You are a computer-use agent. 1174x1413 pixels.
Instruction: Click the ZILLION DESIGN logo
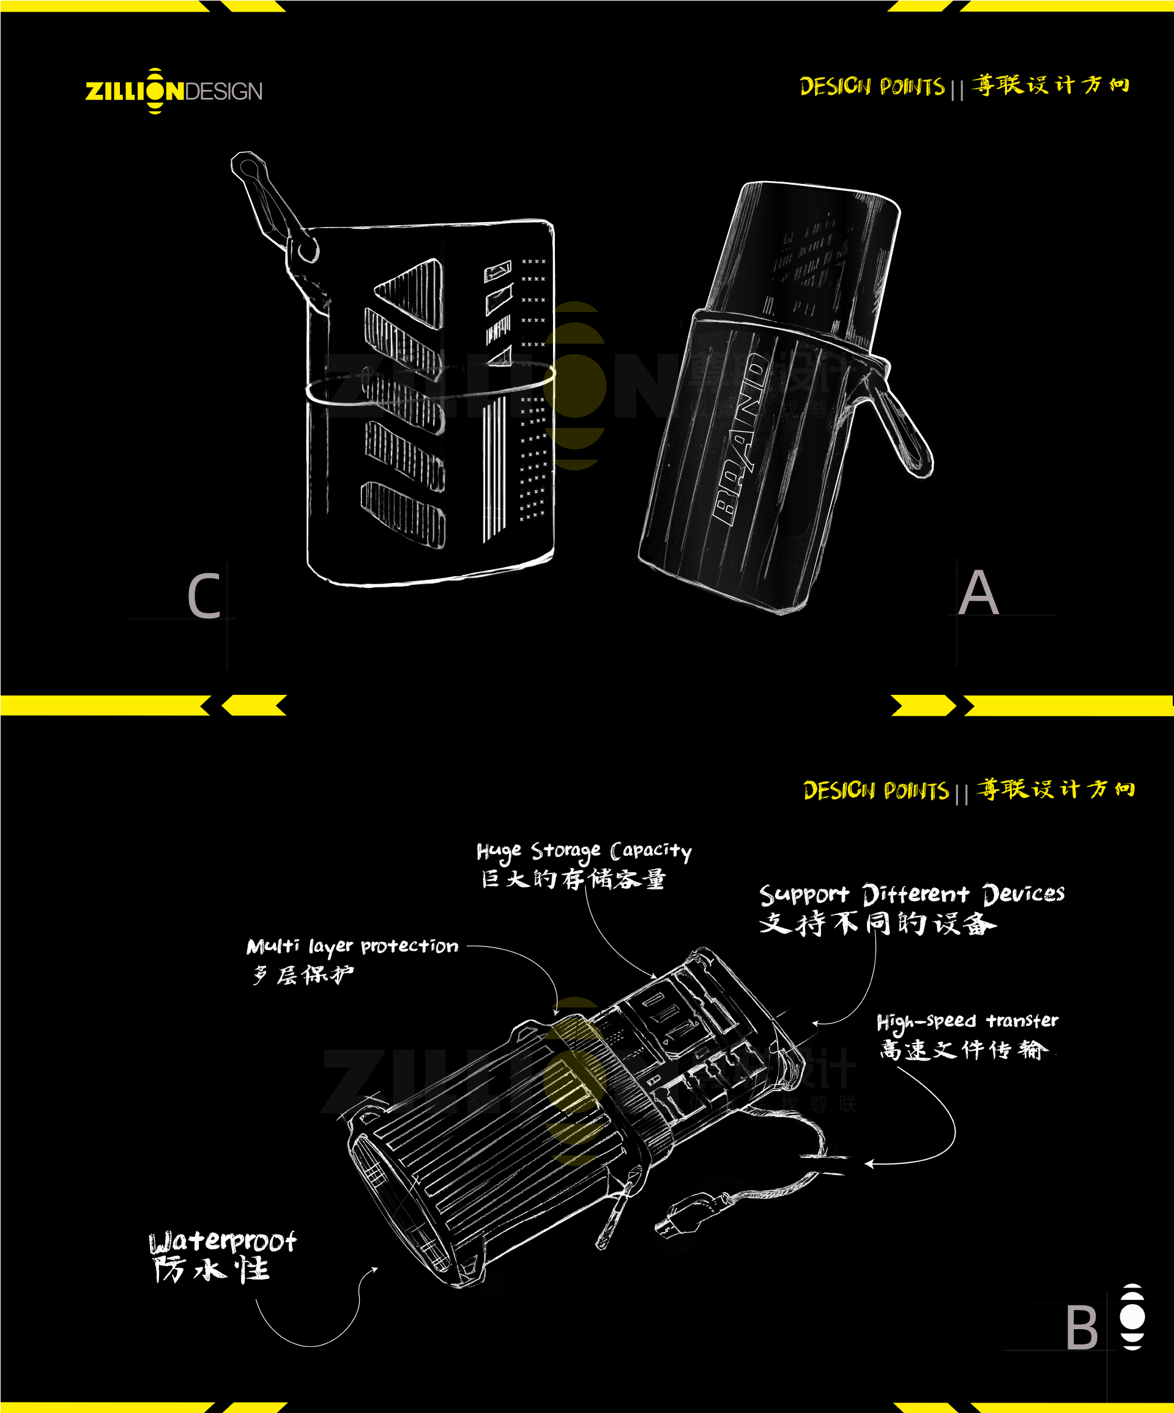coord(174,91)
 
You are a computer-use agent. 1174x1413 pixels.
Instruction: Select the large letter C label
coord(204,596)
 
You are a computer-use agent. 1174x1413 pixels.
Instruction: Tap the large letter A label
coord(978,593)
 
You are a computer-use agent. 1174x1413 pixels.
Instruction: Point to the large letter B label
coord(1081,1327)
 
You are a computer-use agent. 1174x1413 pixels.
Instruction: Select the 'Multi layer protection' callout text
coord(352,947)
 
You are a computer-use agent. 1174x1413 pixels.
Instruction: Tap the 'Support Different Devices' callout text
coord(912,894)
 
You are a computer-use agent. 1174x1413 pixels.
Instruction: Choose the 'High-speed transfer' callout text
coord(967,1022)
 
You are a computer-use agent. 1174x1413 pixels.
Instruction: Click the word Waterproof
coord(222,1242)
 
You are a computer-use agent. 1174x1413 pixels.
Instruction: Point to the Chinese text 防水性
coord(210,1270)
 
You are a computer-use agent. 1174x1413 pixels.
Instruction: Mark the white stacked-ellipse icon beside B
coord(1132,1317)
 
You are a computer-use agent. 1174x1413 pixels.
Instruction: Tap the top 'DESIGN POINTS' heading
coord(872,87)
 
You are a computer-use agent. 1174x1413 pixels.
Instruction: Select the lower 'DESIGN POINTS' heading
coord(876,790)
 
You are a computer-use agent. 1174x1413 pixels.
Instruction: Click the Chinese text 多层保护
coord(303,975)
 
